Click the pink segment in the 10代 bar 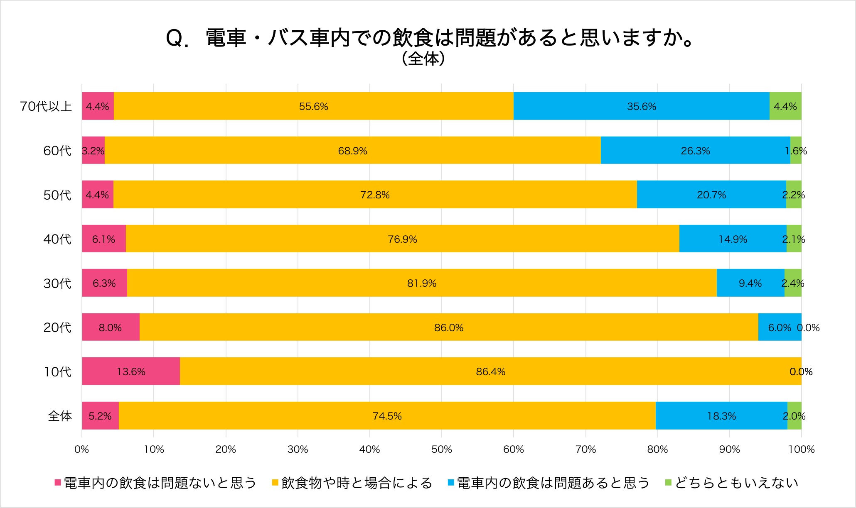tap(131, 371)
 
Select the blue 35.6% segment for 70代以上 tap(641, 106)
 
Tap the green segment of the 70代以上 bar tap(785, 106)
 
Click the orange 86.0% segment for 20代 tap(449, 327)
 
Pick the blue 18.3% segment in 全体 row tap(721, 415)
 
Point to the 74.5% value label tap(387, 416)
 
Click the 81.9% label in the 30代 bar tap(421, 283)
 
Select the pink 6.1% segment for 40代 tap(103, 239)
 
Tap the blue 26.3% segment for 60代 tap(695, 150)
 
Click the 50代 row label tap(57, 195)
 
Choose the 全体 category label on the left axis tap(60, 415)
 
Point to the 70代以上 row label tap(46, 106)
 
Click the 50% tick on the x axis tap(441, 449)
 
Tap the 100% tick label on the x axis tap(801, 449)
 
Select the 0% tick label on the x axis tap(82, 449)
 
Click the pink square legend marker tap(58, 482)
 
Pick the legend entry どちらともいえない tap(736, 482)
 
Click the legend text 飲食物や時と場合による tap(357, 482)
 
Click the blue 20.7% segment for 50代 tap(711, 195)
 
